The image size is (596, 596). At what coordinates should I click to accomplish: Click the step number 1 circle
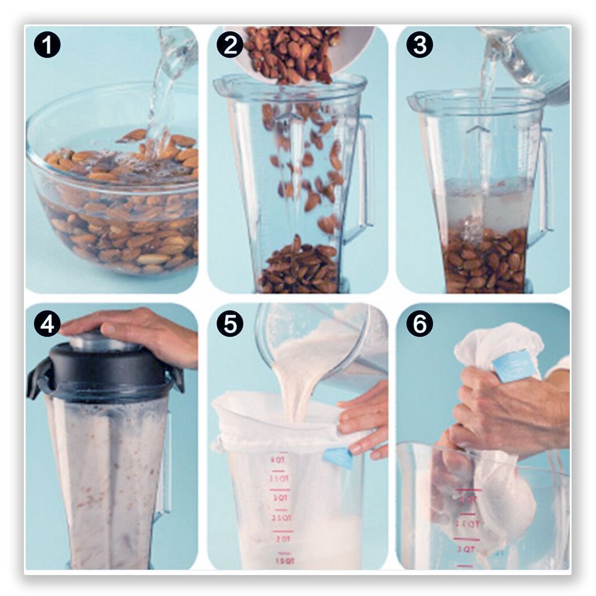point(47,45)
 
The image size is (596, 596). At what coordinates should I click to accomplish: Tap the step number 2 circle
point(230,45)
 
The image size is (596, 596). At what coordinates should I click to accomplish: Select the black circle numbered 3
point(420,45)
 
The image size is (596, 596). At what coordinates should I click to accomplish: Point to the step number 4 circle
point(47,324)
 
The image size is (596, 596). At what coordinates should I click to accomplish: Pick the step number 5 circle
point(230,324)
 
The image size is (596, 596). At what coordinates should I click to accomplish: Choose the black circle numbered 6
point(420,324)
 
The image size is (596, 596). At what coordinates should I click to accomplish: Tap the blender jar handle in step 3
point(546,180)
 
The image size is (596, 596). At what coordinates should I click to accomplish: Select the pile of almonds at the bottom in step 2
point(300,271)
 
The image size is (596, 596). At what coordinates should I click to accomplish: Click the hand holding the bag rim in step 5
point(364,419)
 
